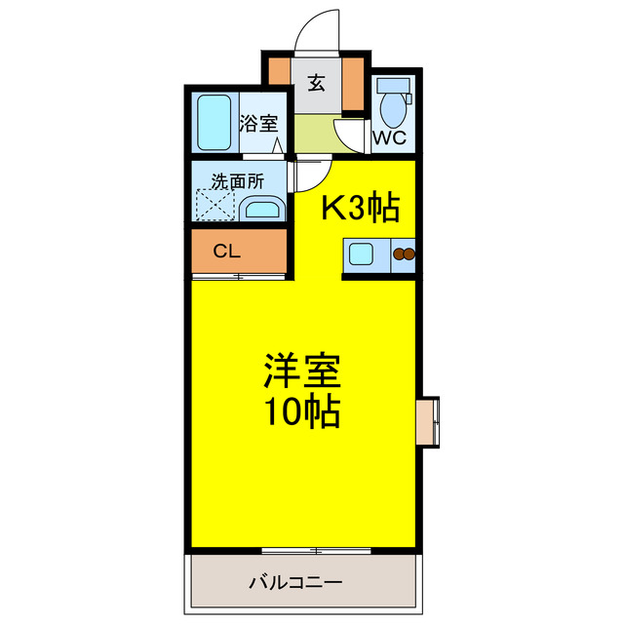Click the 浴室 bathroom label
click(x=258, y=124)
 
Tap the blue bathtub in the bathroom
click(x=214, y=123)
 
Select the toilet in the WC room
click(x=394, y=102)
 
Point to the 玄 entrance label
click(x=317, y=82)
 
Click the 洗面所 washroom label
click(x=238, y=180)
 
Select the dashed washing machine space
click(x=215, y=207)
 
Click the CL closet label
click(x=227, y=251)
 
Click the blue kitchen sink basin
click(x=361, y=255)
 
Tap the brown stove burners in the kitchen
click(x=403, y=255)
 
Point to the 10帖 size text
click(x=301, y=413)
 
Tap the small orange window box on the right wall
click(x=428, y=420)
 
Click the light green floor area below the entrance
click(x=314, y=135)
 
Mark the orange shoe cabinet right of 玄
click(x=352, y=86)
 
